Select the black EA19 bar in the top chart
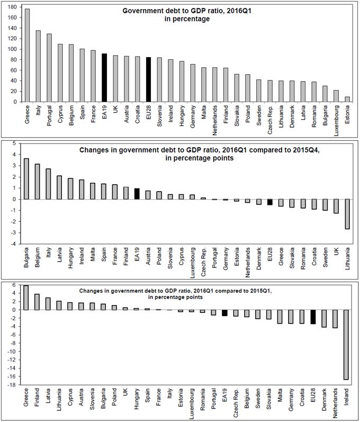104,77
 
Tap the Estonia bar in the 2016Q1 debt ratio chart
346,99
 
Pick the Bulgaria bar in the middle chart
26,179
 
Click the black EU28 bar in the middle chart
269,202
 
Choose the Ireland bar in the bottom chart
346,345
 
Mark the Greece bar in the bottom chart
26,298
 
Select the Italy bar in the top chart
39,66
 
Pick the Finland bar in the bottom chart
37,302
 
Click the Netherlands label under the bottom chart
335,401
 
